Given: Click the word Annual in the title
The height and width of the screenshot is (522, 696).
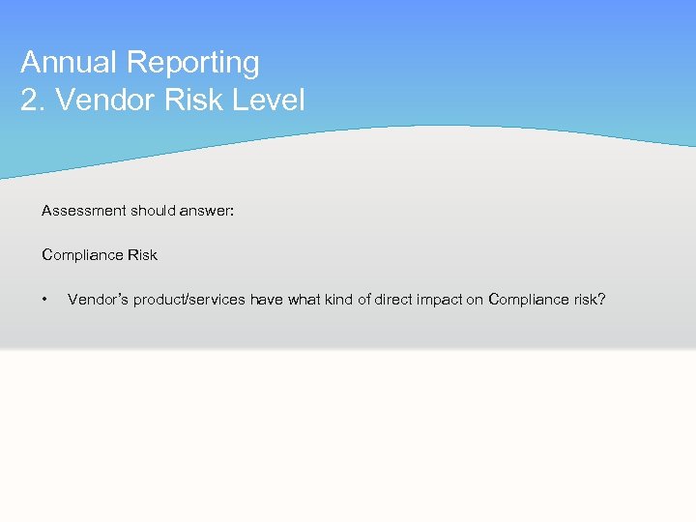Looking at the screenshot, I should click(70, 62).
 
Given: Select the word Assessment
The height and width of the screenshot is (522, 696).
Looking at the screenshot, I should click(83, 210).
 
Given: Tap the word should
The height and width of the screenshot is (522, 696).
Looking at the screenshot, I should click(152, 210).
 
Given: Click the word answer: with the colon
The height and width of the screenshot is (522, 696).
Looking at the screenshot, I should click(207, 210).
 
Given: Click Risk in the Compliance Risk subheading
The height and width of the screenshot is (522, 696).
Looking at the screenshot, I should click(142, 255).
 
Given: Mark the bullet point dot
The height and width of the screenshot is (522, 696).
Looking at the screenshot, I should click(45, 300).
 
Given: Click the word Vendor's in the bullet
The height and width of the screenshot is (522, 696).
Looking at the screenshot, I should click(98, 300).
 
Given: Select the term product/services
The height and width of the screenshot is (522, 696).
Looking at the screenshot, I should click(189, 300).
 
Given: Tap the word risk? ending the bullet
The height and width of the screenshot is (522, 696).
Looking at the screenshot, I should click(590, 300).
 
